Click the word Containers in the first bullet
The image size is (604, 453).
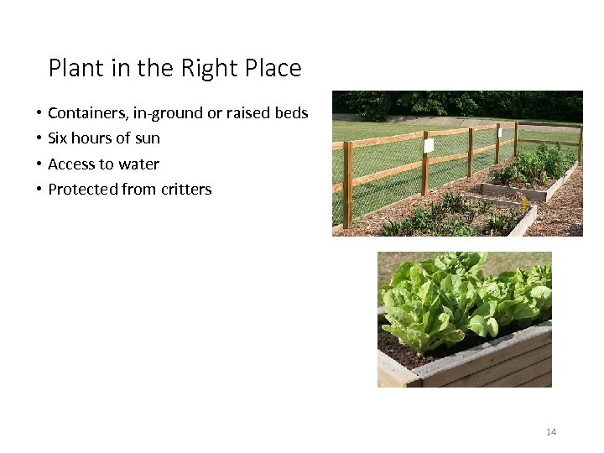[87, 113]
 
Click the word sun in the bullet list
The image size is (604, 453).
[148, 138]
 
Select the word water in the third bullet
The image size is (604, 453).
[140, 164]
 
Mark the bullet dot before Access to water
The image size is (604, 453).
[39, 164]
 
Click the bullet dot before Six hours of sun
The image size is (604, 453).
[39, 138]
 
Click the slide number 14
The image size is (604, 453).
[551, 432]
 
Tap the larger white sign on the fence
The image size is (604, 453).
[429, 145]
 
